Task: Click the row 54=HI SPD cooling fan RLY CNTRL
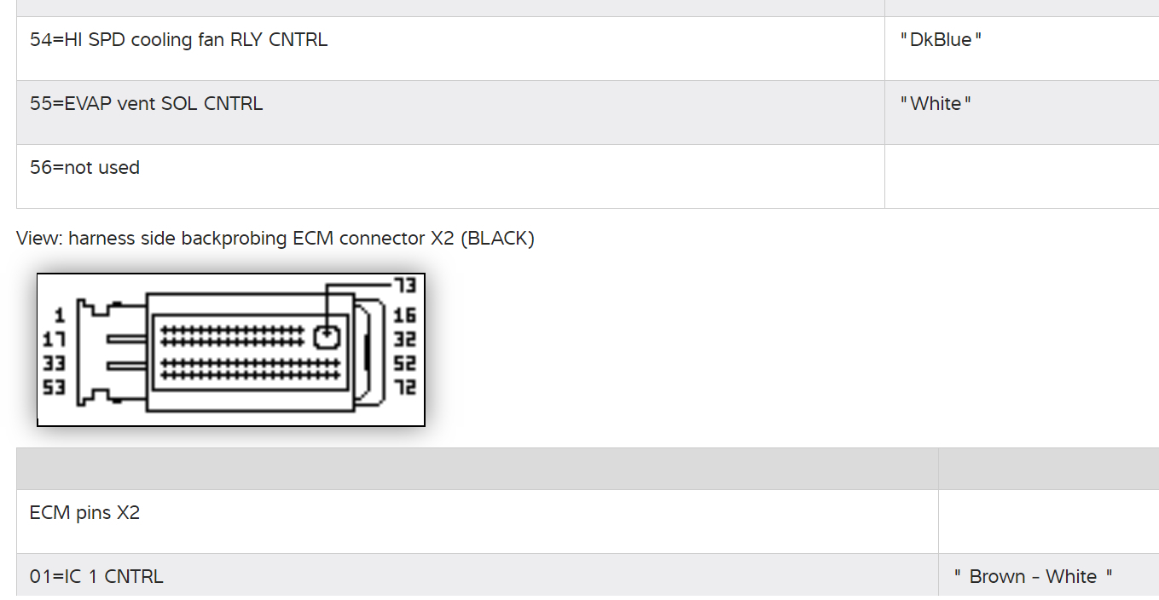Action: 178,40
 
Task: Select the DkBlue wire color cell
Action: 941,40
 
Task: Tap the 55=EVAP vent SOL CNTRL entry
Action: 146,104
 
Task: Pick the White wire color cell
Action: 936,104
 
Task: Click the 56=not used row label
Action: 84,168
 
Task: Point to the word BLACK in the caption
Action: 497,239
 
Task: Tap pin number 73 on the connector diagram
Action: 404,285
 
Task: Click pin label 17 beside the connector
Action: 55,340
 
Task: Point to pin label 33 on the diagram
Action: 55,364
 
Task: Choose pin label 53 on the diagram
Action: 55,388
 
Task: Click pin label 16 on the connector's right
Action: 404,316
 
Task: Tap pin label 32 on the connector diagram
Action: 404,340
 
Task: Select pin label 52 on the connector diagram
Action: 404,364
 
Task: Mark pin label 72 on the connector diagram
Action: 404,388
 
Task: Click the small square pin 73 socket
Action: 327,337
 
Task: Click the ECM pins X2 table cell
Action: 84,513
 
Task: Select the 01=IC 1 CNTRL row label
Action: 96,577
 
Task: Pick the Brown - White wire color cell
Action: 1033,577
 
